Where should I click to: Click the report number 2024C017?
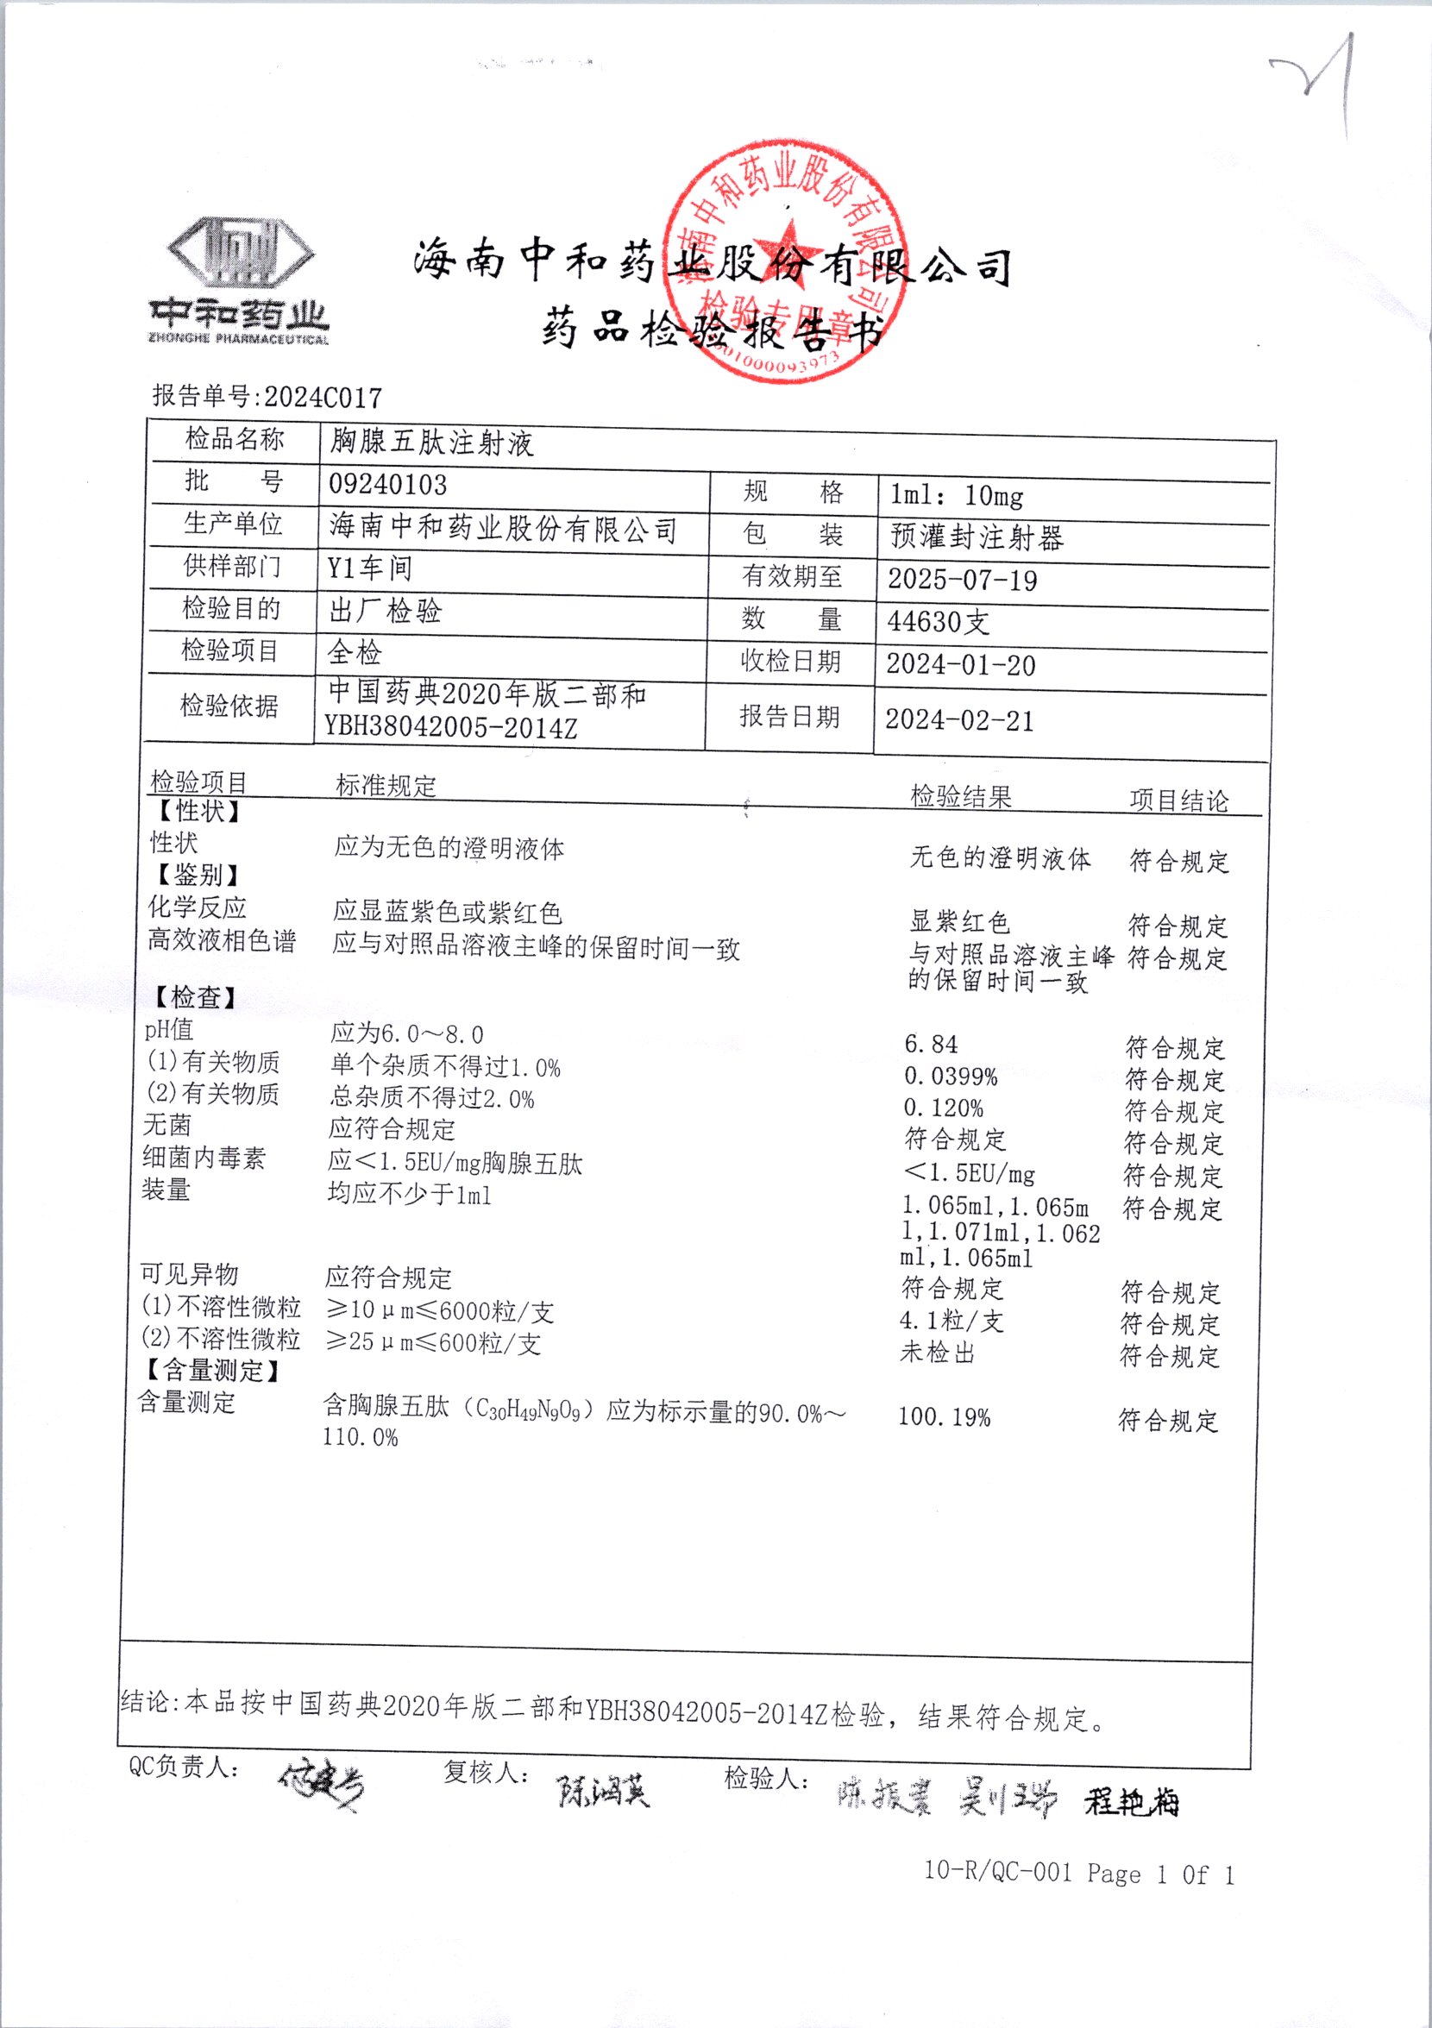pyautogui.click(x=323, y=398)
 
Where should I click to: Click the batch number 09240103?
pyautogui.click(x=388, y=484)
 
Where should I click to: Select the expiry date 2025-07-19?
pyautogui.click(x=962, y=580)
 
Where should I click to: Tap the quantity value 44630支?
pyautogui.click(x=939, y=622)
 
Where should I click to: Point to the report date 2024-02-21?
pyautogui.click(x=959, y=720)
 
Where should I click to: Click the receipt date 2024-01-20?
pyautogui.click(x=960, y=664)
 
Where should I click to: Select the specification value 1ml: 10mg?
pyautogui.click(x=957, y=495)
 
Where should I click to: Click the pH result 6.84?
pyautogui.click(x=930, y=1044)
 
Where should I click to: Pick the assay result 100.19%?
pyautogui.click(x=945, y=1416)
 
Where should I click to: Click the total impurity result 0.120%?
pyautogui.click(x=944, y=1108)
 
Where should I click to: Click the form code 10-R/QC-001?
pyautogui.click(x=997, y=1870)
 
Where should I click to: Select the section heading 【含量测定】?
pyautogui.click(x=212, y=1370)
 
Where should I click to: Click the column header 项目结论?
pyautogui.click(x=1178, y=801)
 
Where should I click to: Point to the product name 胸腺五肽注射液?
pyautogui.click(x=432, y=442)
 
